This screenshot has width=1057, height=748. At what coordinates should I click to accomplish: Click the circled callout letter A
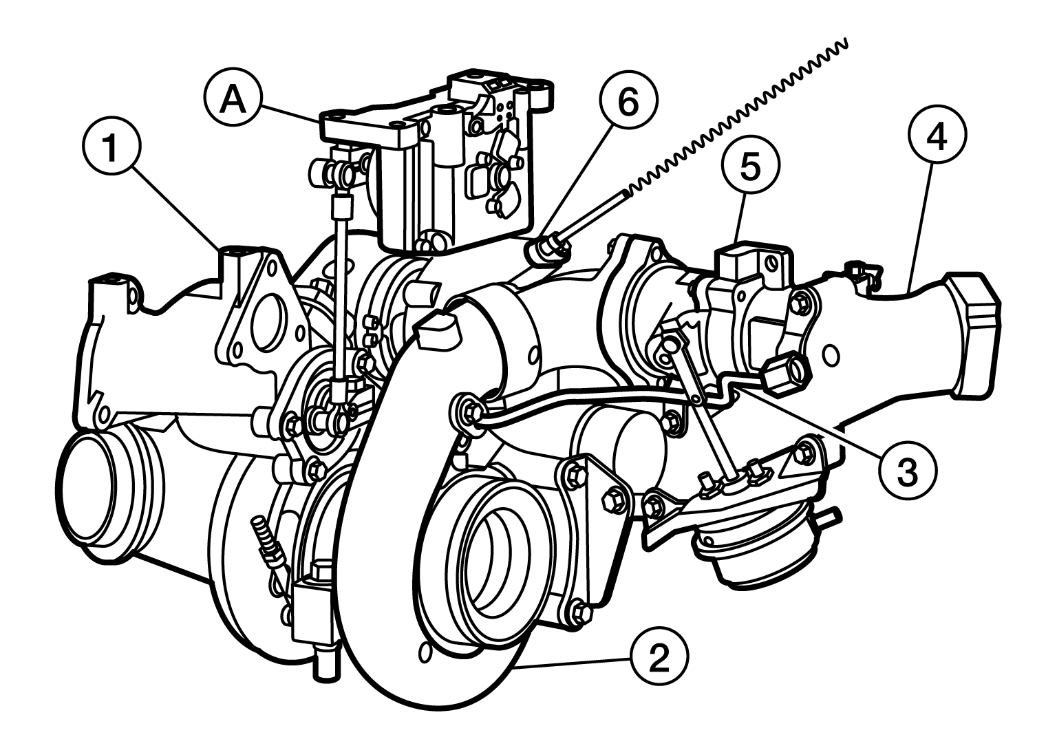[x=233, y=100]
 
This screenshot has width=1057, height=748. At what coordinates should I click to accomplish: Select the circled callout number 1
[x=112, y=147]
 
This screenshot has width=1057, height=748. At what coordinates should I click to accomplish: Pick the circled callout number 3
[x=907, y=471]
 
